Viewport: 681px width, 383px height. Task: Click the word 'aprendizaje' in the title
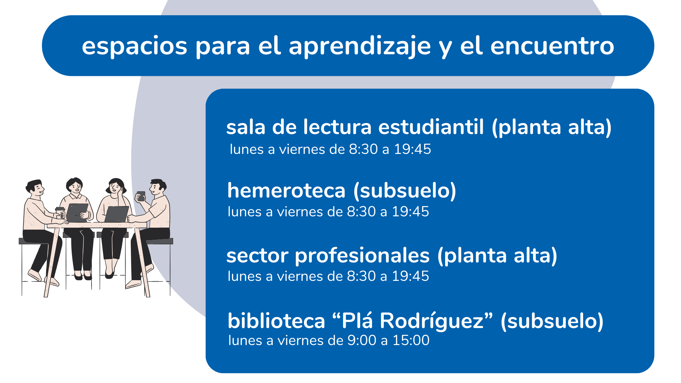click(x=360, y=46)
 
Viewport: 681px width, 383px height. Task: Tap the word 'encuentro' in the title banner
click(x=552, y=46)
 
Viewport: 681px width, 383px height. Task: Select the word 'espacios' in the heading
click(x=134, y=46)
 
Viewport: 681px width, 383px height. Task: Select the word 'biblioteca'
click(x=276, y=321)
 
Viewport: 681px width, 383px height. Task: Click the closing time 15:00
click(x=411, y=340)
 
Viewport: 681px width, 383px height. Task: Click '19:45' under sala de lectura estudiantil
click(x=413, y=149)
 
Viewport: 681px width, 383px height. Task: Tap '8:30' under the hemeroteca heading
click(x=361, y=212)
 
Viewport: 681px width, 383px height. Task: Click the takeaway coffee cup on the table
click(x=60, y=212)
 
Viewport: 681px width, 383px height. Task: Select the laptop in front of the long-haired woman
click(x=116, y=214)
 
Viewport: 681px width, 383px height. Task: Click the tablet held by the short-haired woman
click(x=77, y=212)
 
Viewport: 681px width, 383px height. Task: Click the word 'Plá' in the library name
click(x=357, y=321)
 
